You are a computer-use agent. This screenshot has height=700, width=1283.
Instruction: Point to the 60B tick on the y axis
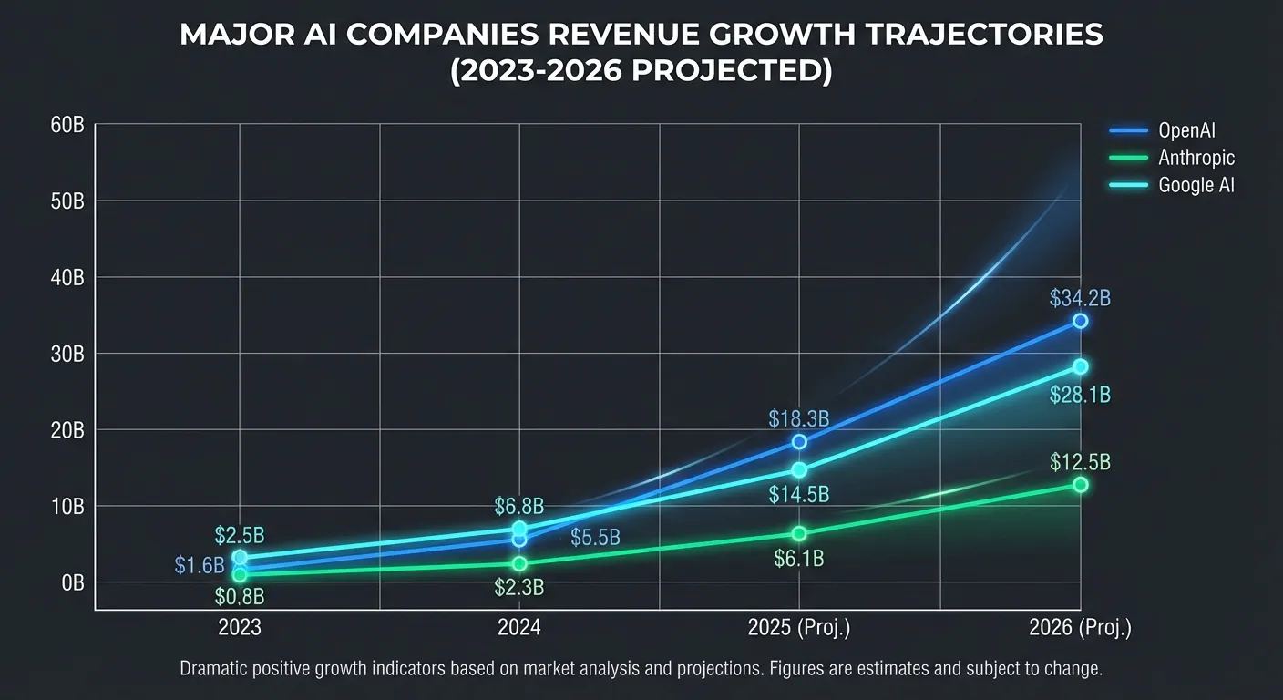point(68,125)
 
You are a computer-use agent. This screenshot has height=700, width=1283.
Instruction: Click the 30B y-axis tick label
point(68,354)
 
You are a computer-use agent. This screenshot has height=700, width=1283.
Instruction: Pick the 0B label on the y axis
point(72,582)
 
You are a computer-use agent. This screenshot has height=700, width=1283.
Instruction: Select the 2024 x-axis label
point(519,628)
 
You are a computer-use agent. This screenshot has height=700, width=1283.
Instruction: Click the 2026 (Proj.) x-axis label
point(1080,628)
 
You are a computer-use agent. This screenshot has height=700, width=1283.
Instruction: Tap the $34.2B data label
point(1080,298)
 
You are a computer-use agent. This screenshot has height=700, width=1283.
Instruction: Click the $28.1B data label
point(1080,396)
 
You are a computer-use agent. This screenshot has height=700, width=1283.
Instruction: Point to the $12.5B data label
point(1080,462)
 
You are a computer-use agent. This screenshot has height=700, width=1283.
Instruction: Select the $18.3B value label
point(798,419)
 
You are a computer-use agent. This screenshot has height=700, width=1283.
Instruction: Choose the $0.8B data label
point(239,597)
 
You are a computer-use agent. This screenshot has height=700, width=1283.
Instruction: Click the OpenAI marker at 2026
point(1080,321)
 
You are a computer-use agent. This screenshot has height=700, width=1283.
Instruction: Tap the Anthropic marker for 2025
point(799,533)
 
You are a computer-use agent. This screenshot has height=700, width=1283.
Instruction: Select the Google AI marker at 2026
point(1080,366)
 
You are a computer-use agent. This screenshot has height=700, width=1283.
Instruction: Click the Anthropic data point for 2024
point(519,563)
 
